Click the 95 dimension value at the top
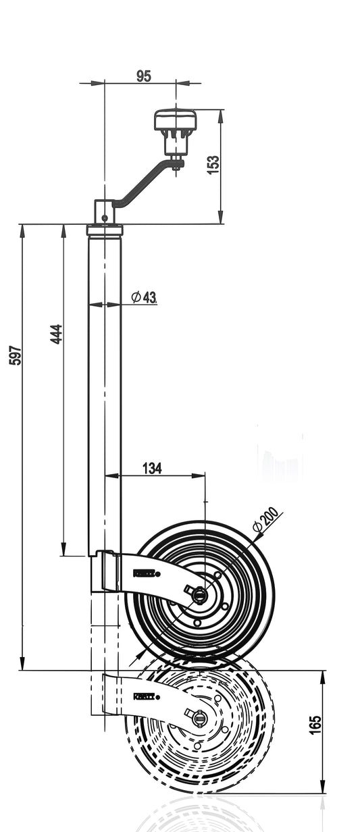point(143,76)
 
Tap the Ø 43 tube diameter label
point(144,297)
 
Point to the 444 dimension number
point(57,334)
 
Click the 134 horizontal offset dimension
point(151,469)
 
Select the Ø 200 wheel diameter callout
point(265,519)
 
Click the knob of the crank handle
point(175,122)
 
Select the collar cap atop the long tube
point(105,230)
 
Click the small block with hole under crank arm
point(105,210)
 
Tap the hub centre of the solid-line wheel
point(201,594)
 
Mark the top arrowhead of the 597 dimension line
point(22,230)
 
